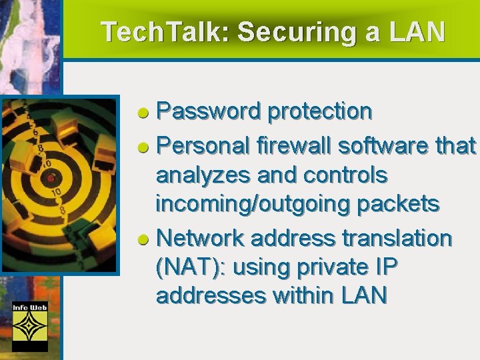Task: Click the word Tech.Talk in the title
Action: [163, 31]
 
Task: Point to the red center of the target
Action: [50, 178]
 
